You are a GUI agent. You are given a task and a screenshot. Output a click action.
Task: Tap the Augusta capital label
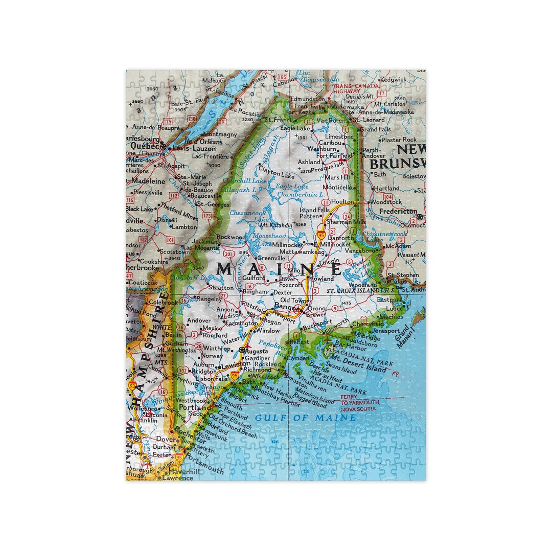(x=257, y=352)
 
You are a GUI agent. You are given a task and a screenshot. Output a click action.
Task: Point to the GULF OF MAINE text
(x=306, y=418)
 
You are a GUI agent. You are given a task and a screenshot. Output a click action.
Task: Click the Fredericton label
(x=399, y=211)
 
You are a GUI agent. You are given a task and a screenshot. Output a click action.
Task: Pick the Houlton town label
(x=342, y=202)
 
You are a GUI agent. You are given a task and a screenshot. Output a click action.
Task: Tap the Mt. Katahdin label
(x=276, y=225)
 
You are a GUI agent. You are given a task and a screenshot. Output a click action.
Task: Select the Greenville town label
(x=271, y=258)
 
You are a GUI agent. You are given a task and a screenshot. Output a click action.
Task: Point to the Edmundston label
(x=307, y=99)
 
